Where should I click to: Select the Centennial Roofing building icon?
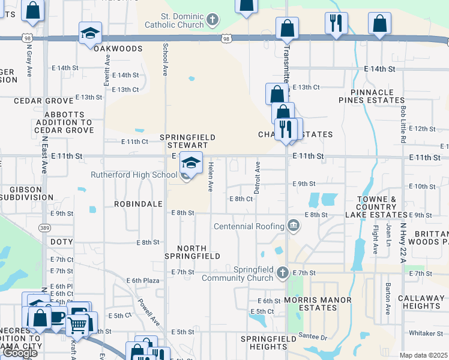coord(293,226)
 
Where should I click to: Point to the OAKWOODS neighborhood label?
coord(118,49)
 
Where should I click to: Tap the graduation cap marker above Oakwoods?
coord(90,32)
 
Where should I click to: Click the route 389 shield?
coord(44,229)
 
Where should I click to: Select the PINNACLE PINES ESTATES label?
coord(374,97)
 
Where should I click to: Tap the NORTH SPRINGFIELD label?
coord(191,252)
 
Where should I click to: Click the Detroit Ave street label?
coord(258,176)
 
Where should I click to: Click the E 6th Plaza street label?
coord(142,280)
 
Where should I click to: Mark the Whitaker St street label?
coord(425,333)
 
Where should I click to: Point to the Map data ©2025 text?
coord(423,355)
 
